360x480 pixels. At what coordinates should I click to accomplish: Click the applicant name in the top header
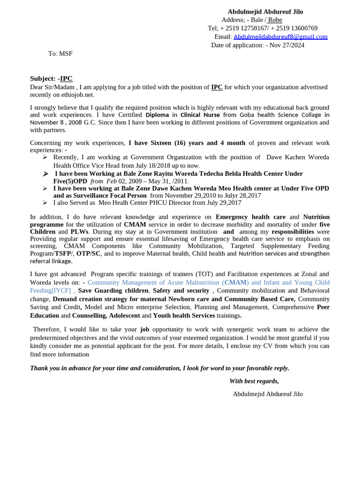(265, 12)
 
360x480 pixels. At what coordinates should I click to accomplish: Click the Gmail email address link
(280, 37)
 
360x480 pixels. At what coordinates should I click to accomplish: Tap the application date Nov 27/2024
(286, 45)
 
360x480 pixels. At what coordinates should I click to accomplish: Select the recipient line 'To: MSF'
(60, 53)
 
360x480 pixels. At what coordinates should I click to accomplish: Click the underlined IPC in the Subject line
(66, 78)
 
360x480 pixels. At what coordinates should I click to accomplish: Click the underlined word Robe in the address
(275, 20)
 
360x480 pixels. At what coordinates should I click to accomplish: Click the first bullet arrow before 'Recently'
(45, 157)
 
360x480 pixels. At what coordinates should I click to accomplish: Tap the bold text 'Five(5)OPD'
(70, 181)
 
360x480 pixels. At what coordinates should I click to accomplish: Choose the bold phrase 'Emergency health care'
(250, 217)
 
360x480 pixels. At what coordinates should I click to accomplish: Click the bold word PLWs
(80, 232)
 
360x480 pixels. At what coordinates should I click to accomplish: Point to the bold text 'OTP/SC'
(89, 254)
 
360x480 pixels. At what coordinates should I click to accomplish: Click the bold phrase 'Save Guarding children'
(113, 291)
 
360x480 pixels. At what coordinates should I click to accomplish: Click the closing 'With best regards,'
(254, 381)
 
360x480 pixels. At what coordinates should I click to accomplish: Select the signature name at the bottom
(268, 394)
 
